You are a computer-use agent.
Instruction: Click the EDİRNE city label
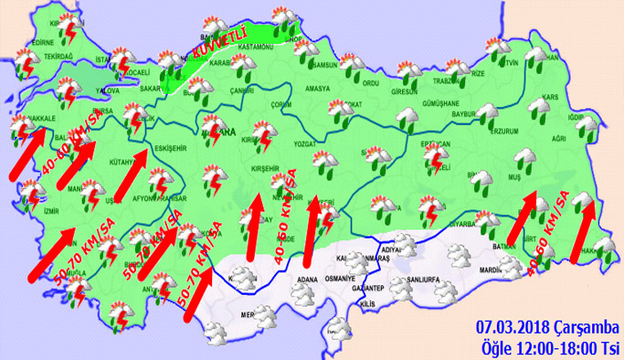42,42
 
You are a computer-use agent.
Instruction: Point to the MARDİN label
492,270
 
